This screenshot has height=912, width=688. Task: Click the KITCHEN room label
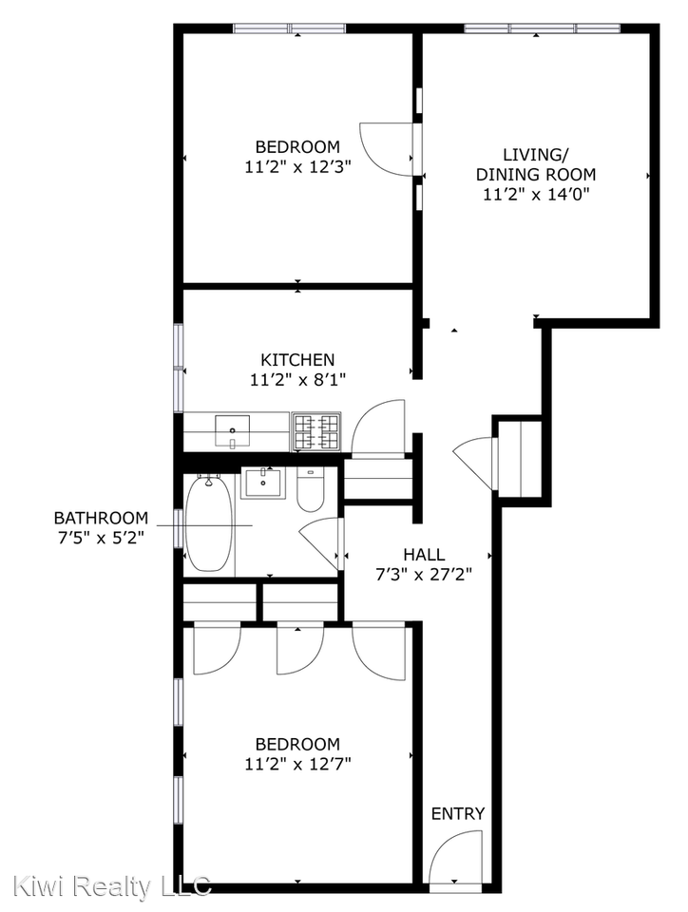[297, 359]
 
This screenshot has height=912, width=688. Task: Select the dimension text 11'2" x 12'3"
[297, 166]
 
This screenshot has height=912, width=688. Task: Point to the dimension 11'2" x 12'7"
[297, 763]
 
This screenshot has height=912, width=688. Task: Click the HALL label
[423, 555]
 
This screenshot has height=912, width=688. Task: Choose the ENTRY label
[458, 813]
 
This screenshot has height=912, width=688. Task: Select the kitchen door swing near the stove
[378, 426]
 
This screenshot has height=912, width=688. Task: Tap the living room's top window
[542, 28]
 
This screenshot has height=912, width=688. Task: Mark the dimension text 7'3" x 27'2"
[423, 574]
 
